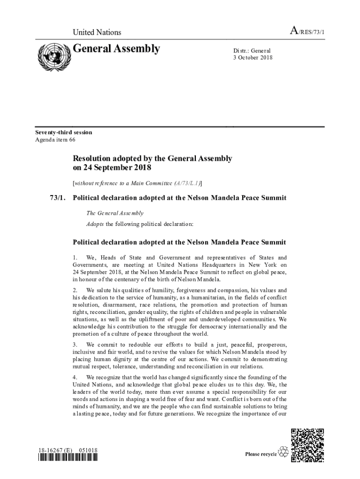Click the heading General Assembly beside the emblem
[x=117, y=49]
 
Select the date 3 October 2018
[x=253, y=58]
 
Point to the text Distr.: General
[x=252, y=51]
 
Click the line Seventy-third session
[x=64, y=132]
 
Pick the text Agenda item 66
[x=55, y=139]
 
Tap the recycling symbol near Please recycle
[x=283, y=452]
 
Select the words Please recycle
[x=261, y=454]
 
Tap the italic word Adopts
[x=95, y=224]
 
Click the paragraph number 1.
[x=75, y=258]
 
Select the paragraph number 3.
[x=75, y=345]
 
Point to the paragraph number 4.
[x=75, y=377]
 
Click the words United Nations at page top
[x=97, y=32]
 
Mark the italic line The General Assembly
[x=115, y=213]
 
